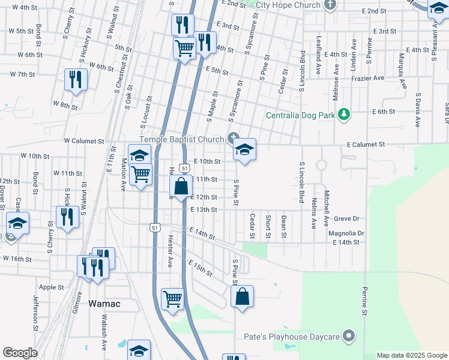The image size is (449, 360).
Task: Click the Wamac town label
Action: click(x=104, y=304)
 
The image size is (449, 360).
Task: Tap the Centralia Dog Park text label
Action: click(x=301, y=114)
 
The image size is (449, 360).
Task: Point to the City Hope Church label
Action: click(x=288, y=5)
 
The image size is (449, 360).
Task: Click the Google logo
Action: click(x=20, y=353)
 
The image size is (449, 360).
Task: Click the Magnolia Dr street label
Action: click(x=346, y=233)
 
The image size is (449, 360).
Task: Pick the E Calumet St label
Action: click(x=364, y=145)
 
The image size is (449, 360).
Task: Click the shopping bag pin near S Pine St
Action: click(x=242, y=296)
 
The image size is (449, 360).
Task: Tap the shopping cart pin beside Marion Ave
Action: click(x=141, y=175)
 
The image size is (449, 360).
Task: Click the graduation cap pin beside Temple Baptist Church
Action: click(x=244, y=149)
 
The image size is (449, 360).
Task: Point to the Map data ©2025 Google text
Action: click(x=412, y=355)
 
